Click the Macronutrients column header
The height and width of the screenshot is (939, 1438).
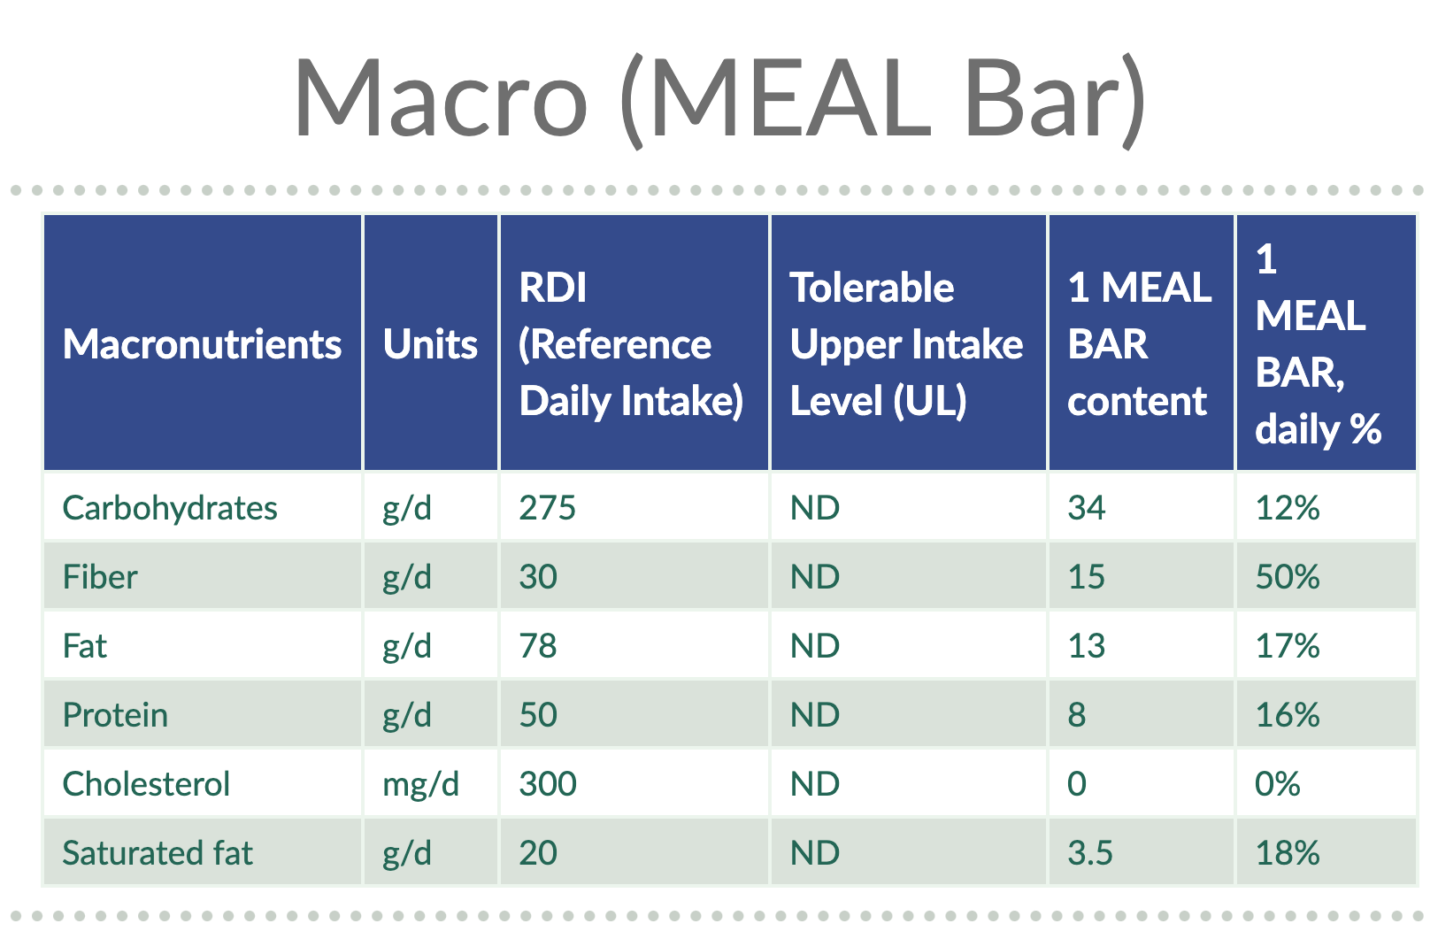202,344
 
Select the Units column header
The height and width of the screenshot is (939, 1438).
430,344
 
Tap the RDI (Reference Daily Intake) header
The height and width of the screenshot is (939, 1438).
630,344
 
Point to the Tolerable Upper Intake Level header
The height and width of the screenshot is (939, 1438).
905,344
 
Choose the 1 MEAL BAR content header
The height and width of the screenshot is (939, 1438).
1138,344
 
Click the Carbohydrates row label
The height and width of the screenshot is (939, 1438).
170,508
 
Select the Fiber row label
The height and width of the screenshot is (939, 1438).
100,577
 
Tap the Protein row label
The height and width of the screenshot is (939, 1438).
115,715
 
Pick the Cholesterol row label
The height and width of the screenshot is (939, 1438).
146,784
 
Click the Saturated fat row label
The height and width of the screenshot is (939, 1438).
158,853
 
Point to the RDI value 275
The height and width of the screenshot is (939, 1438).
547,508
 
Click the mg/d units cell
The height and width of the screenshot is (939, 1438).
420,784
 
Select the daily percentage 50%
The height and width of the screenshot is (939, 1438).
1288,577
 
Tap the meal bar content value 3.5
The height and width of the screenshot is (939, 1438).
1089,853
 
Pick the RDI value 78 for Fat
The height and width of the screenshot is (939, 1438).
538,646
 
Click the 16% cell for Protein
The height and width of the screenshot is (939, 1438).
1288,715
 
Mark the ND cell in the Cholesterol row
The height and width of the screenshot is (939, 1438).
815,784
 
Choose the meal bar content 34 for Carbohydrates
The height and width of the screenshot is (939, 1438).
1086,508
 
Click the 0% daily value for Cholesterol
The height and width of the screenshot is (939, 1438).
1278,784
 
